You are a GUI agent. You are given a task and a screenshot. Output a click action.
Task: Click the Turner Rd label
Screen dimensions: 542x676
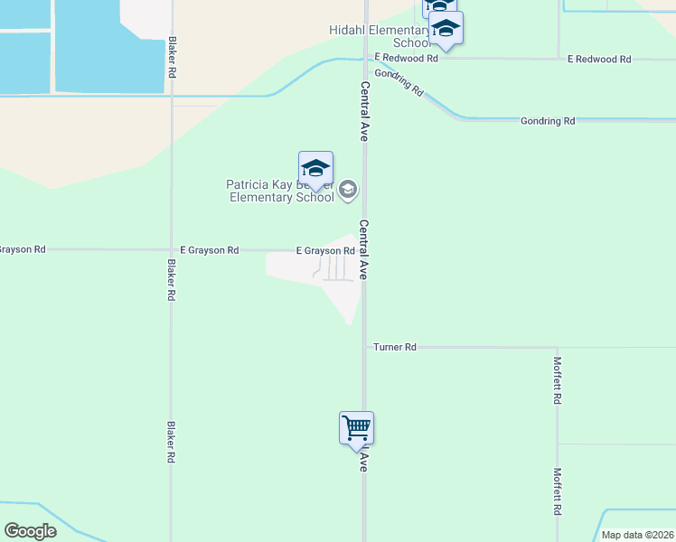[398, 347]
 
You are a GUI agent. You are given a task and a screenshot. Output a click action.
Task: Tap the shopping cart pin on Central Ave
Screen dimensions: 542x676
[356, 427]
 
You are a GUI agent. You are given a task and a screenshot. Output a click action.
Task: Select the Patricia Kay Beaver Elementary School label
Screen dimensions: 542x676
[280, 191]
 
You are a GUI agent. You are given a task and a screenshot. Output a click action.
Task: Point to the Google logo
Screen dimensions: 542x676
[30, 531]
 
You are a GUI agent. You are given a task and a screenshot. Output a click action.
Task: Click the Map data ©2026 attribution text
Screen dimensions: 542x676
[637, 535]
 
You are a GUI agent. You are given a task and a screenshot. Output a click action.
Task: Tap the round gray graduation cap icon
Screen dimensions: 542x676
[349, 190]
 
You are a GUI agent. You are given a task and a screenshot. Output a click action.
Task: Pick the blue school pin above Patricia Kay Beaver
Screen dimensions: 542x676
[315, 168]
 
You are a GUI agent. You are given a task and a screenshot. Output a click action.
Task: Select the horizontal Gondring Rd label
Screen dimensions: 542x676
[548, 121]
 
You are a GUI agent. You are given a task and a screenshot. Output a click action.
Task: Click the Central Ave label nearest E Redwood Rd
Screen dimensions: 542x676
[365, 111]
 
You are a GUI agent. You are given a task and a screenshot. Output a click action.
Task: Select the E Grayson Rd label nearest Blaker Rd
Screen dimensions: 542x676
[210, 250]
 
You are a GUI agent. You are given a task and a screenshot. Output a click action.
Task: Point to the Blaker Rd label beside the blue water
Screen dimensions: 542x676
[171, 56]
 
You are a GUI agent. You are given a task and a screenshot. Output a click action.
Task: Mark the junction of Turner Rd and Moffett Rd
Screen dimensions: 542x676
[558, 347]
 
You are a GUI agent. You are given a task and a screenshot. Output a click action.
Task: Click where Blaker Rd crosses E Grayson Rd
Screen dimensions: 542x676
[171, 250]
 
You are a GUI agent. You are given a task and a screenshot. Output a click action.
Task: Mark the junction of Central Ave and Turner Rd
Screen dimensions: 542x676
[365, 347]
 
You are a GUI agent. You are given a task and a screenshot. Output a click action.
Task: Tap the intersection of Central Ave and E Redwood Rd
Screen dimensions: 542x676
[365, 59]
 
